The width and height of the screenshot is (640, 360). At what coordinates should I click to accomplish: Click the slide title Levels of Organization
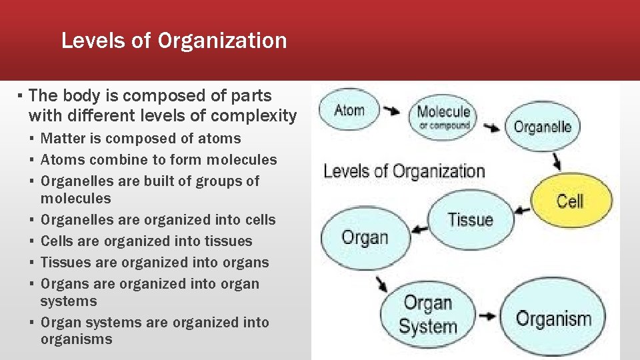(174, 41)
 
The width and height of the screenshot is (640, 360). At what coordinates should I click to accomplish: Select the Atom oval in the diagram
(349, 110)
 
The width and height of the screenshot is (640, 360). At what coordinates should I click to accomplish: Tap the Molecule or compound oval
(443, 117)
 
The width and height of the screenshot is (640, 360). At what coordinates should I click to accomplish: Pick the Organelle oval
(542, 127)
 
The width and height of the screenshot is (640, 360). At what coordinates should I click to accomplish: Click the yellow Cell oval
(570, 201)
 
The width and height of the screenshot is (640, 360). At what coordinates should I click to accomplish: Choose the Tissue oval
(470, 220)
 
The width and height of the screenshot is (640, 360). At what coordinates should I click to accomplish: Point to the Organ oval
(364, 237)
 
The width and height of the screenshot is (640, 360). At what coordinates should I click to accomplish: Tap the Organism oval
(553, 318)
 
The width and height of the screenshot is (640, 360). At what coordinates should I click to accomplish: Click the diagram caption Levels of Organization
(403, 171)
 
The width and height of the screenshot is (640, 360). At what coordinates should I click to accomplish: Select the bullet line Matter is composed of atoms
(141, 139)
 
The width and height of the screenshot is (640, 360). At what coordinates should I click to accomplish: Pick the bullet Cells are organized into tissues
(147, 241)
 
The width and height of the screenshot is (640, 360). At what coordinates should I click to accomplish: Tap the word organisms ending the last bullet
(76, 339)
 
